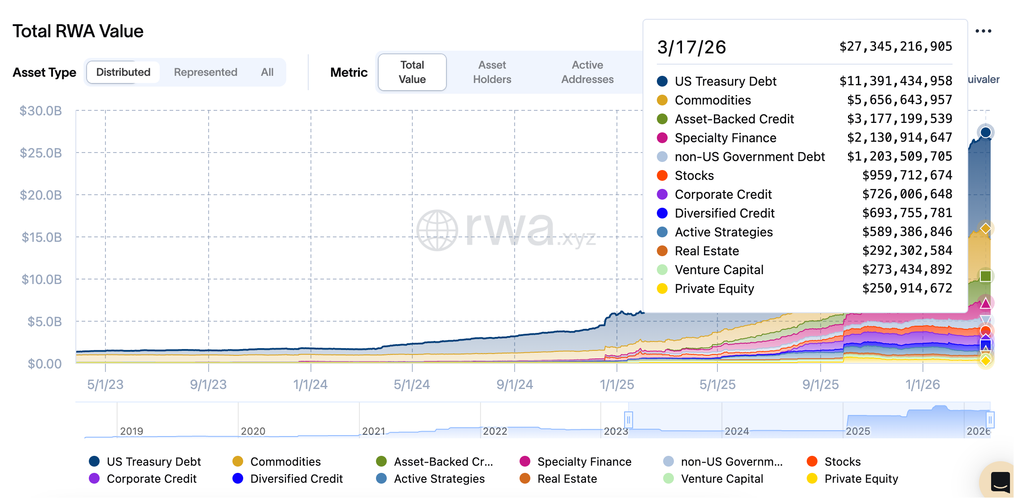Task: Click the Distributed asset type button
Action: point(123,72)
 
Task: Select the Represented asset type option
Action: point(205,72)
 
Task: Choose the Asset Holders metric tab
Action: point(492,72)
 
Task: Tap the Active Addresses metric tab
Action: point(587,72)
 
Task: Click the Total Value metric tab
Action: point(412,72)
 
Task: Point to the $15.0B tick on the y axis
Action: point(42,237)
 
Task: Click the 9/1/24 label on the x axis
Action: point(515,384)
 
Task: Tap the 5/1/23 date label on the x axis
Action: point(105,384)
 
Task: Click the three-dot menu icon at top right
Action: point(983,31)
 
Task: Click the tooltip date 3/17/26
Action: point(691,48)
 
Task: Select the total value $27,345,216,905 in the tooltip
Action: point(896,47)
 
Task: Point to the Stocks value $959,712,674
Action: point(907,175)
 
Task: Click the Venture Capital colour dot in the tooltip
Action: point(662,270)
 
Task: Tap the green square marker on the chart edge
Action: point(985,276)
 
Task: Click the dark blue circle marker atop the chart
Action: point(985,132)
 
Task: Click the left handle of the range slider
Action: point(629,420)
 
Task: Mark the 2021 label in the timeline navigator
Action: point(373,431)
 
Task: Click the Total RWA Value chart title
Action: point(78,31)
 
